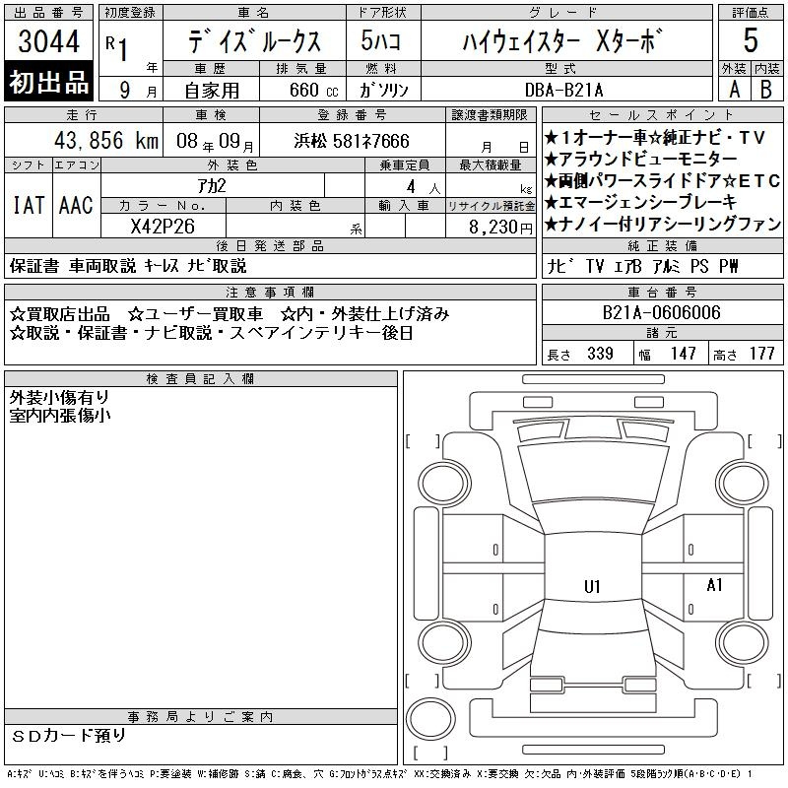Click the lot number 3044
coord(48,40)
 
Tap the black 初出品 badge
coord(48,82)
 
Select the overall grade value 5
coord(751,40)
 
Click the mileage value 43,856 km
coord(106,140)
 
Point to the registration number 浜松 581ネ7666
coord(352,141)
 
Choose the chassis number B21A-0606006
coord(661,312)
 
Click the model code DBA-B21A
coord(563,90)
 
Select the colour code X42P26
coord(163,227)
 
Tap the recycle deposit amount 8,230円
coord(500,228)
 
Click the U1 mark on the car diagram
coord(592,586)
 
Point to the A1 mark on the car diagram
coord(714,584)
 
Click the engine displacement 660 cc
coord(313,90)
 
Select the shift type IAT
coord(29,205)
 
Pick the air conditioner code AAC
coord(76,205)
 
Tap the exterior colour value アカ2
coord(212,186)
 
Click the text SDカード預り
coord(68,736)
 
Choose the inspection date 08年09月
coord(215,141)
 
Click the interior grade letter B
coord(766,90)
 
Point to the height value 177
coord(761,354)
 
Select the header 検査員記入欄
coord(200,379)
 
